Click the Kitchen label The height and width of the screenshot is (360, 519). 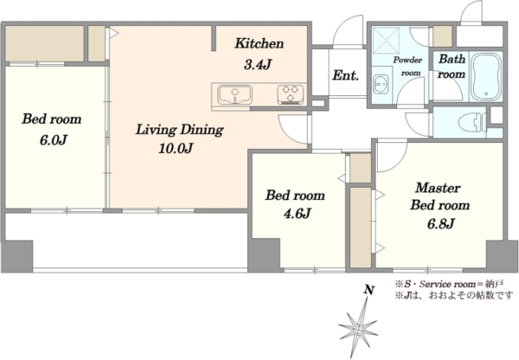[x=259, y=44]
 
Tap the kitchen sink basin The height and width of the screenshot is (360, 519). [x=234, y=94]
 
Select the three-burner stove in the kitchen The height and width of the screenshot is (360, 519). [x=291, y=94]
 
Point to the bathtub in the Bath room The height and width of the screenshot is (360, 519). [x=486, y=76]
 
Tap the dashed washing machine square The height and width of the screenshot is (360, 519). [x=386, y=40]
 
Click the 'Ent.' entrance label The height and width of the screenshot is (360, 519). [x=345, y=75]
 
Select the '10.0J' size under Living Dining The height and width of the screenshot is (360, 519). [x=176, y=148]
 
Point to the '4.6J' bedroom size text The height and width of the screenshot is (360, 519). [x=298, y=214]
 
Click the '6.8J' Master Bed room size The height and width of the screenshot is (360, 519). [x=440, y=224]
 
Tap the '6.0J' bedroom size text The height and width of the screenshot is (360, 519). [x=54, y=140]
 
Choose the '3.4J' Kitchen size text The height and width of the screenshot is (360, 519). [x=258, y=65]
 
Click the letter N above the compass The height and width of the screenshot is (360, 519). [x=369, y=290]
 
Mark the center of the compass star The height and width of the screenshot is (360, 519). [x=358, y=331]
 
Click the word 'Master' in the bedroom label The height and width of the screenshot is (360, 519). [x=438, y=188]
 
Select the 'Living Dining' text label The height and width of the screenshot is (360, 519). [x=180, y=130]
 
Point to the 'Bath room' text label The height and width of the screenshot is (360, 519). [x=452, y=67]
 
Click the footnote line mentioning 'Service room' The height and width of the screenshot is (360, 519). [x=449, y=284]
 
